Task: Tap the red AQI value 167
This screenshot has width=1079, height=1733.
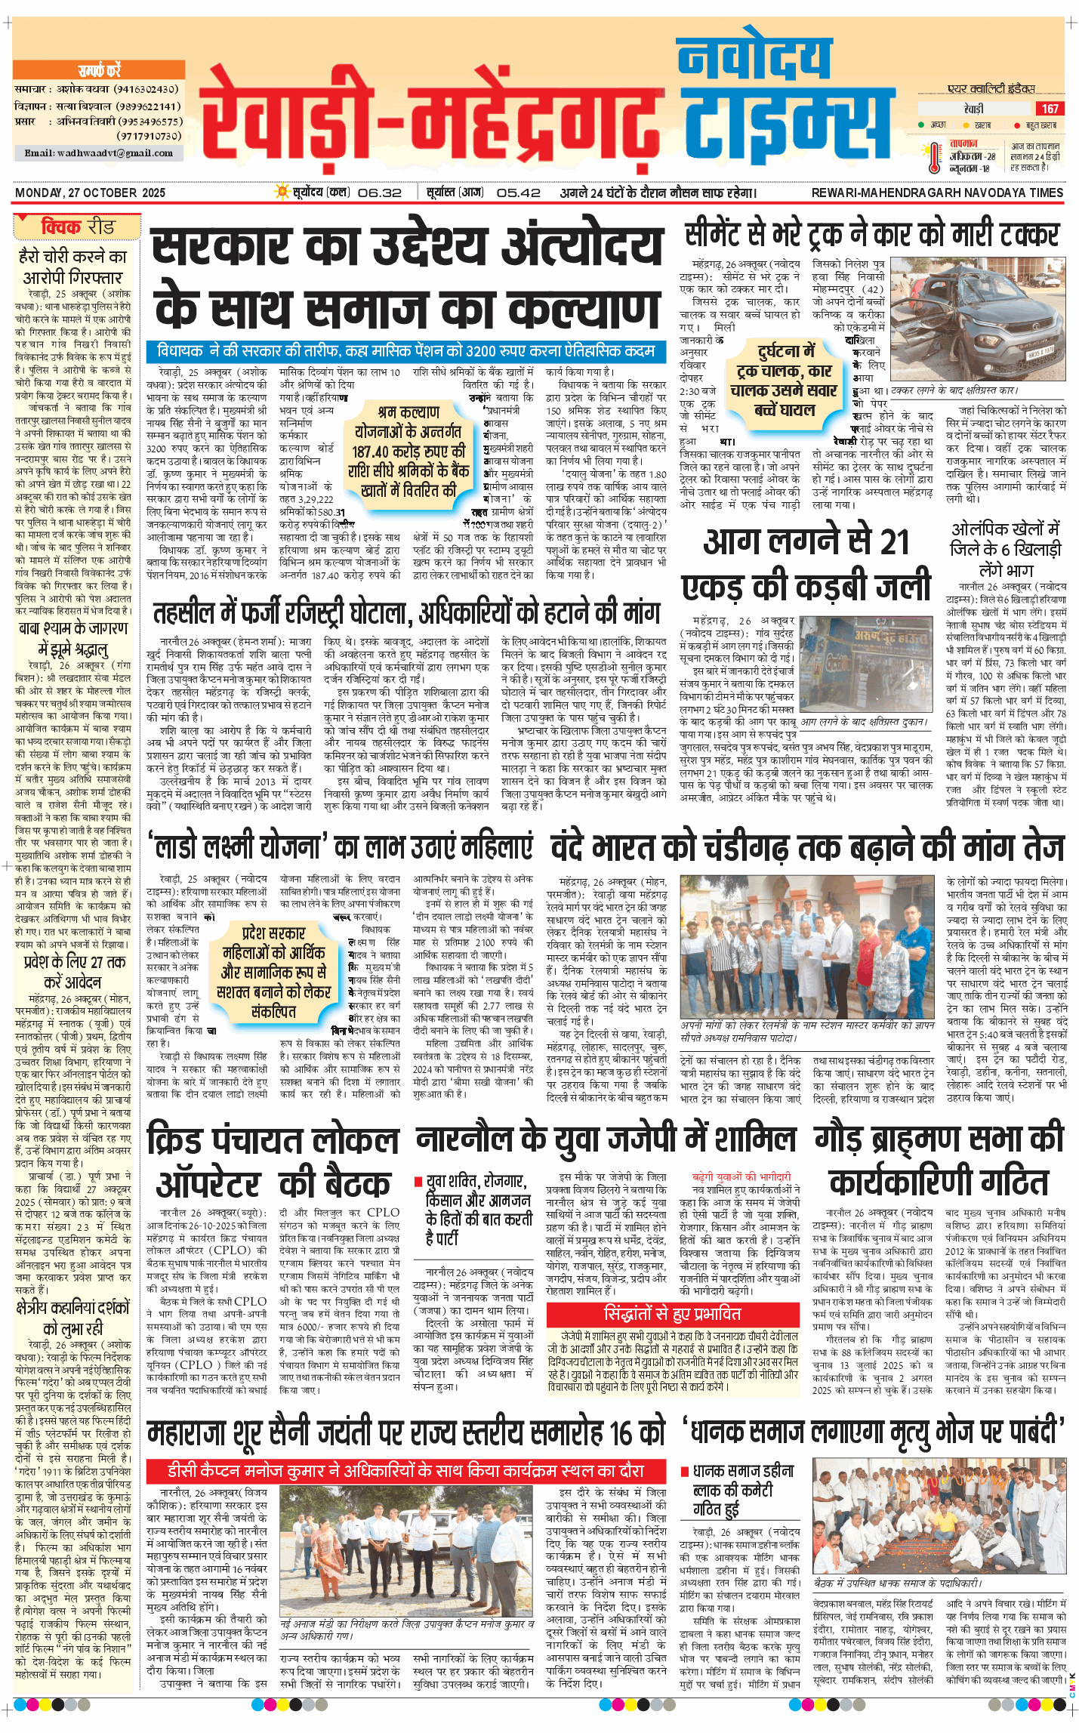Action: pos(1050,109)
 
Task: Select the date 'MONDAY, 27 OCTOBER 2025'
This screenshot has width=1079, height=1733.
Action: pos(90,193)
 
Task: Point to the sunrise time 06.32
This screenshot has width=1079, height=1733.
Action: pos(380,193)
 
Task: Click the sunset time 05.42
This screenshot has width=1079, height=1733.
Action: pos(519,193)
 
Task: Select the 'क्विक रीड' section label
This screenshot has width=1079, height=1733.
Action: pos(77,227)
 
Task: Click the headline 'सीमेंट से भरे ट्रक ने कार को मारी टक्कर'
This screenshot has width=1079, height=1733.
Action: pos(872,235)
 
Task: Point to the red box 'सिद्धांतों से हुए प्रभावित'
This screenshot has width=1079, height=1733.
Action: pos(673,1314)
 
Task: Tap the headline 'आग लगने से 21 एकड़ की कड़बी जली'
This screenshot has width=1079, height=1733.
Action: pos(806,563)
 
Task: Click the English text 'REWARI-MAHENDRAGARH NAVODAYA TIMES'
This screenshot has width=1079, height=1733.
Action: pos(937,193)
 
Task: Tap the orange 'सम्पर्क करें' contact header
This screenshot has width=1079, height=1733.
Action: pos(99,71)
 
